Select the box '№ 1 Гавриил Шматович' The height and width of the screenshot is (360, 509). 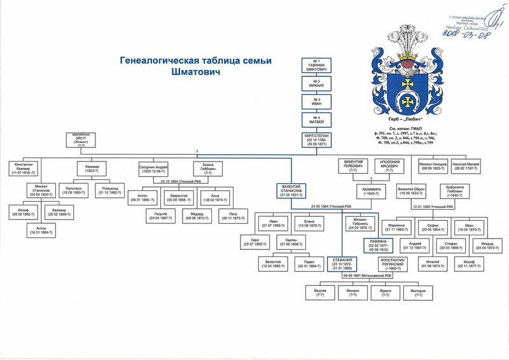(x=317, y=66)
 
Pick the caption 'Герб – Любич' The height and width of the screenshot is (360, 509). (x=406, y=119)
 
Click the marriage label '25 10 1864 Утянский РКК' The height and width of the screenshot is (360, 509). (x=182, y=181)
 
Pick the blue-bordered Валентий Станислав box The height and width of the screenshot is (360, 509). (x=290, y=190)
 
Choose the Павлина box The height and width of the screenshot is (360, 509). (x=378, y=246)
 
